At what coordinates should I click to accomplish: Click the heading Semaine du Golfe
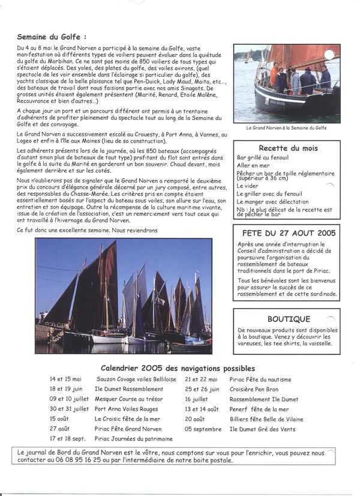click(56, 37)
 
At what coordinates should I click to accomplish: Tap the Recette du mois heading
click(288, 148)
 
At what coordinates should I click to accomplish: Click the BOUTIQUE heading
click(289, 319)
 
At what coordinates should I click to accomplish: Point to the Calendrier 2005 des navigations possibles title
click(178, 368)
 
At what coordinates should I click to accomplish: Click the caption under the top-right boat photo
click(287, 128)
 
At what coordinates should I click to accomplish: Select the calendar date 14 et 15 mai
click(65, 380)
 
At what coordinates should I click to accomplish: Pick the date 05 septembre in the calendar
click(203, 429)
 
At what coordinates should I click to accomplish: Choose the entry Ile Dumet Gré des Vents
click(262, 429)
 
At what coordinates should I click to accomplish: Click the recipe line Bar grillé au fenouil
click(262, 157)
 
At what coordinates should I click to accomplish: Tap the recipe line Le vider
click(247, 186)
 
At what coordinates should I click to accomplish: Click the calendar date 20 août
click(195, 419)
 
